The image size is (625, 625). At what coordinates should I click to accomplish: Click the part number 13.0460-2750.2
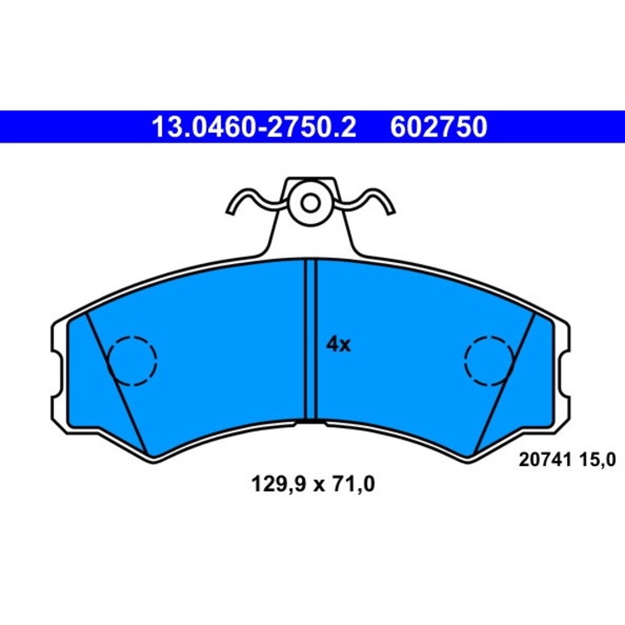click(253, 127)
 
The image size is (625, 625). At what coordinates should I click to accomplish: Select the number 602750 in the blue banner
click(438, 127)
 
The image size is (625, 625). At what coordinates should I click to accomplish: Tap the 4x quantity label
click(339, 345)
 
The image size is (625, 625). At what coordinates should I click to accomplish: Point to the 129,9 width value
click(279, 484)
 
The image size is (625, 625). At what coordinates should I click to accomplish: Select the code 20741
click(545, 460)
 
